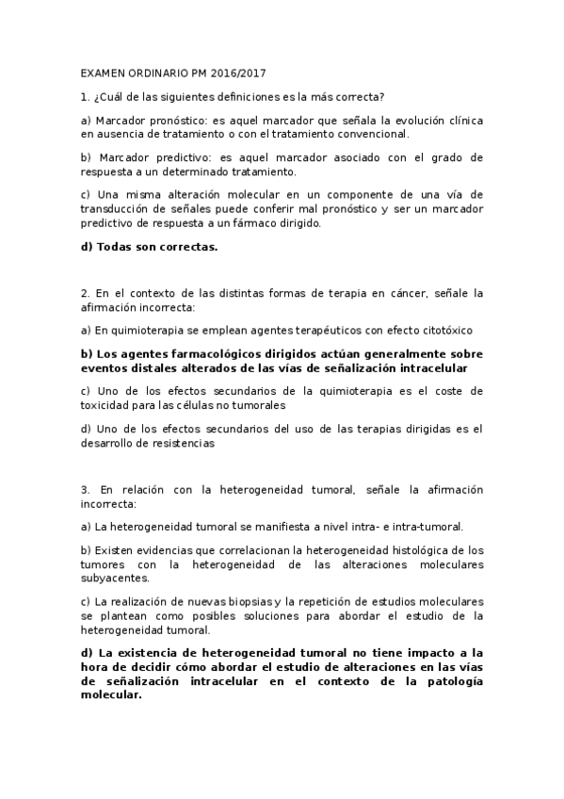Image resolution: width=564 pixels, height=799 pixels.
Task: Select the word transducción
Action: (119, 210)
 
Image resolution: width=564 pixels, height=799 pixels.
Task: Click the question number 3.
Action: (86, 489)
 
